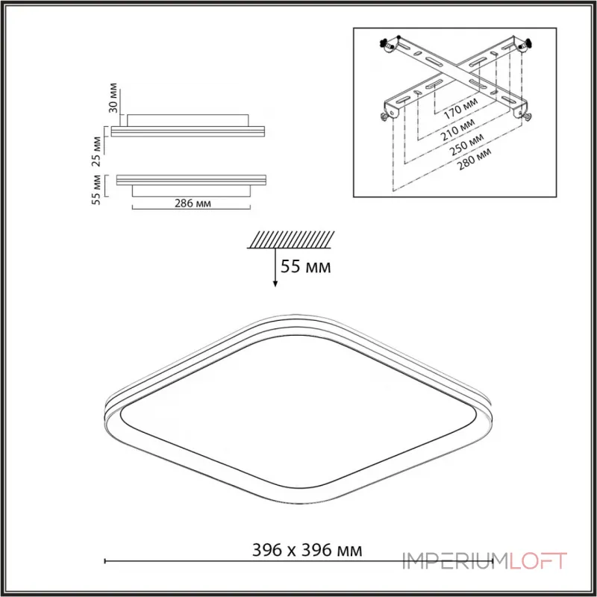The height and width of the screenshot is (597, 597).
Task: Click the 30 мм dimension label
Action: pyautogui.click(x=113, y=98)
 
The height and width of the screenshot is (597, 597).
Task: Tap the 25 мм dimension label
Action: pyautogui.click(x=97, y=151)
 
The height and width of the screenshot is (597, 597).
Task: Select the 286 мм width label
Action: pyautogui.click(x=193, y=203)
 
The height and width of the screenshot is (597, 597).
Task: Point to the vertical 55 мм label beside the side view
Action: pyautogui.click(x=97, y=190)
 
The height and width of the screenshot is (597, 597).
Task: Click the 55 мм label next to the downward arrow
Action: pyautogui.click(x=306, y=266)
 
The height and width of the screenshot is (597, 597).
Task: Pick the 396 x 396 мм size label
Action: pyautogui.click(x=307, y=550)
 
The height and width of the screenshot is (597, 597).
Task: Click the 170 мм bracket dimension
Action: pyautogui.click(x=460, y=108)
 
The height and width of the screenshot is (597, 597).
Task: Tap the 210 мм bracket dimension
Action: pyautogui.click(x=458, y=130)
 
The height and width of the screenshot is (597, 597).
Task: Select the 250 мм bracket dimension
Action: pyautogui.click(x=467, y=145)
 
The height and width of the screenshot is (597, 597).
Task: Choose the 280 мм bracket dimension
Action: pyautogui.click(x=474, y=159)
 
